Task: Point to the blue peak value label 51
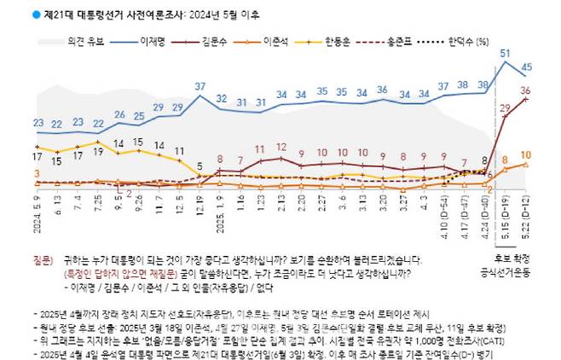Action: tap(506, 53)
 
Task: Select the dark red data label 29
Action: tap(505, 107)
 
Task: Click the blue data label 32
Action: tap(221, 100)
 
